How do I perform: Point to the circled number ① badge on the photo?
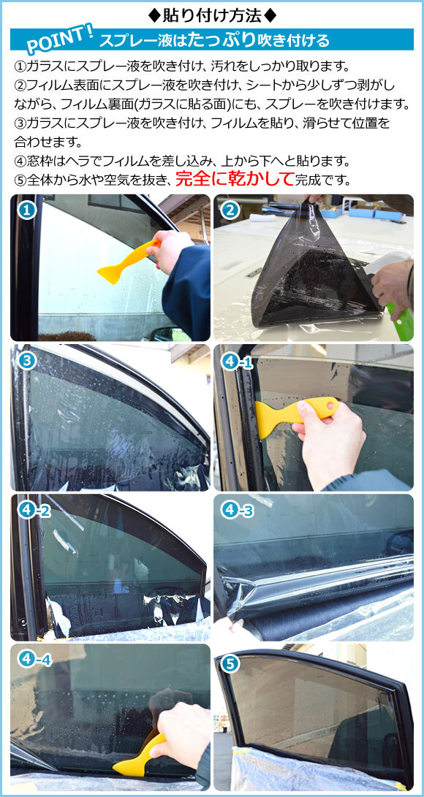tap(27, 211)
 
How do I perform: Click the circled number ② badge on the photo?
tap(230, 211)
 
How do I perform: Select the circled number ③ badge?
tap(27, 360)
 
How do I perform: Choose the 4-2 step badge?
tap(35, 510)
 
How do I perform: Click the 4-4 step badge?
tap(35, 660)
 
